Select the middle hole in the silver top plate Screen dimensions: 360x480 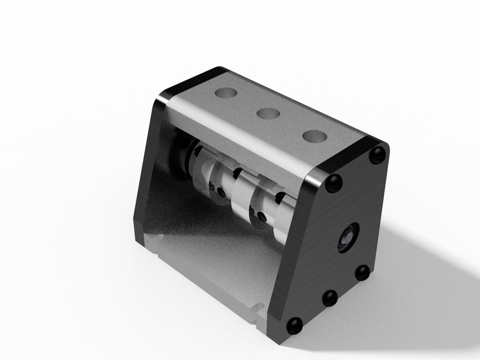(268, 114)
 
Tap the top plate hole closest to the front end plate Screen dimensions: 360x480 (314, 136)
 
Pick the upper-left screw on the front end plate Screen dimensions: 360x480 (334, 182)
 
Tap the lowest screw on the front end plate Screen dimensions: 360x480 (294, 325)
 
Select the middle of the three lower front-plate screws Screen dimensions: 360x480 (330, 298)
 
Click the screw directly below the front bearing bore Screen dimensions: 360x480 (362, 273)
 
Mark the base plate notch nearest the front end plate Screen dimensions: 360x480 (258, 309)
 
